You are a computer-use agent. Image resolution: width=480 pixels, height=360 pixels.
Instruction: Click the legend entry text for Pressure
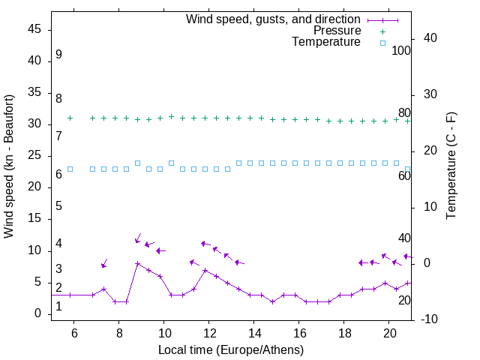click(337, 31)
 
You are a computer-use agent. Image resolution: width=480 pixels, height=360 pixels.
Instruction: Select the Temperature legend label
click(326, 42)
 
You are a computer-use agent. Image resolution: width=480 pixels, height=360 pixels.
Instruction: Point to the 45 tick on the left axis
click(34, 29)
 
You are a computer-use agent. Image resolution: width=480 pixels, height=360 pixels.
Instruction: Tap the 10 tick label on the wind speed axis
click(34, 250)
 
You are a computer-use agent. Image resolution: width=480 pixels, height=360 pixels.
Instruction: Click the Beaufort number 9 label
click(58, 55)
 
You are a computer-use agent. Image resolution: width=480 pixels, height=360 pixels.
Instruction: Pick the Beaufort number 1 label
click(58, 307)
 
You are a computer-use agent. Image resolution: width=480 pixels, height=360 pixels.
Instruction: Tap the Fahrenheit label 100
click(402, 50)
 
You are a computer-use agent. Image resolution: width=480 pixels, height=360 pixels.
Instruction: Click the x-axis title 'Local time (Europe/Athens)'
click(231, 349)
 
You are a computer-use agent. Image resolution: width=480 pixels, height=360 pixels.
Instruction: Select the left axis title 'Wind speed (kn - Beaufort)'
click(9, 166)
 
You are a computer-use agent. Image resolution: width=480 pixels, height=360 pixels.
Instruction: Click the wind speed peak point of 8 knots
click(137, 263)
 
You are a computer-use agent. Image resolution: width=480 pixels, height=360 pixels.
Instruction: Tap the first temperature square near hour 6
click(70, 169)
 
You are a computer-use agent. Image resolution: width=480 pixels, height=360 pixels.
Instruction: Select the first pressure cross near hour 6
click(70, 118)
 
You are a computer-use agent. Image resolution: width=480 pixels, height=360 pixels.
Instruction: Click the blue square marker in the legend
click(382, 43)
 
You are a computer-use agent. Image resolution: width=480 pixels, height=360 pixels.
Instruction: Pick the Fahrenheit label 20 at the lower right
click(404, 300)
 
